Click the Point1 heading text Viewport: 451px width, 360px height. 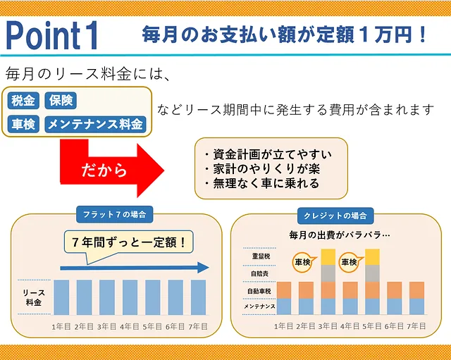pyautogui.click(x=51, y=35)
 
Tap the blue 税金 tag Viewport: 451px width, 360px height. pyautogui.click(x=23, y=100)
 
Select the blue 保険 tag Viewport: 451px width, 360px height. pyautogui.click(x=61, y=100)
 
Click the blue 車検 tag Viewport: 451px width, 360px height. pyautogui.click(x=23, y=124)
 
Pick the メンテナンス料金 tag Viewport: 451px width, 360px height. pyautogui.click(x=95, y=124)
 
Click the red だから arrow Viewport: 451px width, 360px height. pyautogui.click(x=112, y=170)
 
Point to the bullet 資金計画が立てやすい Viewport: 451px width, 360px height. pyautogui.click(x=268, y=154)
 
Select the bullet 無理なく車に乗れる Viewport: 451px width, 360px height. pyautogui.click(x=262, y=183)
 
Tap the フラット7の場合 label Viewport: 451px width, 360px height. pyautogui.click(x=114, y=214)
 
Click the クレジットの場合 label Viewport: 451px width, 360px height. pyautogui.click(x=335, y=216)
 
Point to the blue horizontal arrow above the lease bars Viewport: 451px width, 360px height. pyautogui.click(x=135, y=268)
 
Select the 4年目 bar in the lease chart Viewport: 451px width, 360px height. pyautogui.click(x=130, y=297)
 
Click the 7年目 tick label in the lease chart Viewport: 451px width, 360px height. pyautogui.click(x=198, y=327)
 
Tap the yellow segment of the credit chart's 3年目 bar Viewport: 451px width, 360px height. pyautogui.click(x=328, y=257)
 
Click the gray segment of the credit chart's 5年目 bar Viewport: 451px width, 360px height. pyautogui.click(x=372, y=273)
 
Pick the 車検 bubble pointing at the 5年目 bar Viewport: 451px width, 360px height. pyautogui.click(x=350, y=262)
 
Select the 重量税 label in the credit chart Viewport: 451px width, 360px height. pyautogui.click(x=261, y=256)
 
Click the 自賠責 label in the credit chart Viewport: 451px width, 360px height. pyautogui.click(x=260, y=273)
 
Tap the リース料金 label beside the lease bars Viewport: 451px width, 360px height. pyautogui.click(x=34, y=297)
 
